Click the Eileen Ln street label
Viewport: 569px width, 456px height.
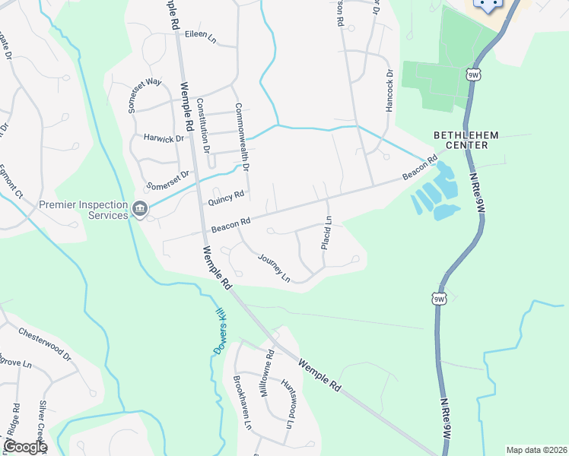pos(201,36)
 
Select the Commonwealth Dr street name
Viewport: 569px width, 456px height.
pos(243,138)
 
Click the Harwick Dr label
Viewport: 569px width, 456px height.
pos(164,138)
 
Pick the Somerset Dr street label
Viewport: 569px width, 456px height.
pos(167,180)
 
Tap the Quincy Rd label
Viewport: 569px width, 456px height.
pos(226,198)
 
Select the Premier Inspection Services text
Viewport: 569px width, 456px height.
pos(84,210)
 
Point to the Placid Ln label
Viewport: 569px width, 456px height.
pos(325,234)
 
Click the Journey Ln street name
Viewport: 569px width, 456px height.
pos(275,267)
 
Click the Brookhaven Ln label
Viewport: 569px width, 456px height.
pos(242,403)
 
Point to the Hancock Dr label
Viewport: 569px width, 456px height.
pos(389,91)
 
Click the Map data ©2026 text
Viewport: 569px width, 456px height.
pos(536,450)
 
